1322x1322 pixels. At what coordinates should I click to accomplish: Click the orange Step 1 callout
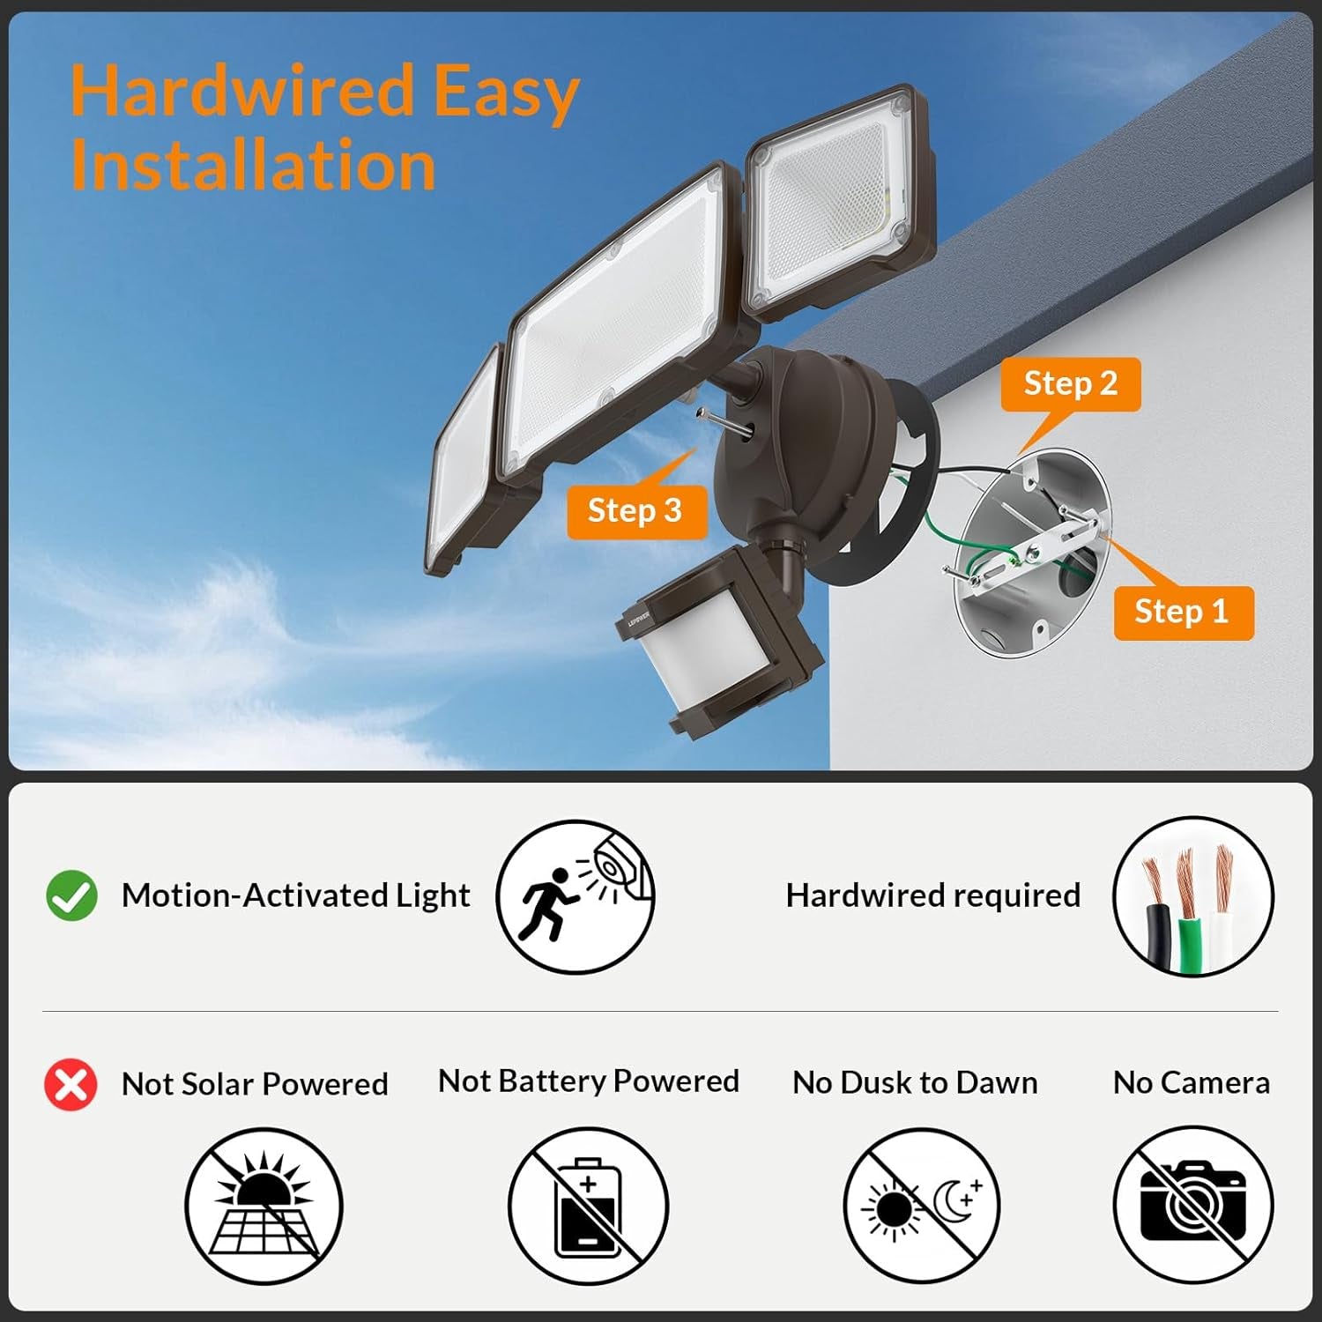(1182, 612)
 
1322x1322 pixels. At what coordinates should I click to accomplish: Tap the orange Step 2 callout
(1070, 384)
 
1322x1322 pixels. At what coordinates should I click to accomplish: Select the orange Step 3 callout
(635, 511)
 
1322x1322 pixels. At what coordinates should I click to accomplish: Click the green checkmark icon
(71, 895)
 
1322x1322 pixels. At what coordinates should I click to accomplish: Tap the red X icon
(71, 1084)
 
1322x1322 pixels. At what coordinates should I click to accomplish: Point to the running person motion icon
(575, 897)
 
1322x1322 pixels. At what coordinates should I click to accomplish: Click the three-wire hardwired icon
(1192, 897)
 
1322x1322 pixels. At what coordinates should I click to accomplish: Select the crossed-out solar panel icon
(264, 1206)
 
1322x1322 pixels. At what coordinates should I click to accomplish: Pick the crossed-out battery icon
(588, 1206)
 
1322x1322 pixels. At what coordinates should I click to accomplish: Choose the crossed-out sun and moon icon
(922, 1206)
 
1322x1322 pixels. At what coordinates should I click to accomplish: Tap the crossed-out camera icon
(1192, 1206)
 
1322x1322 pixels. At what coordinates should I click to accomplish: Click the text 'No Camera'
(1191, 1083)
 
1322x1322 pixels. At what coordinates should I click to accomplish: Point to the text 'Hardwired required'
(932, 895)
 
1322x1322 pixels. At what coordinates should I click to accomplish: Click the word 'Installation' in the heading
(253, 166)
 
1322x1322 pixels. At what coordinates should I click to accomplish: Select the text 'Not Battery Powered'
(588, 1081)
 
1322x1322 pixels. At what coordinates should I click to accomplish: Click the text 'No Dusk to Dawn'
(915, 1083)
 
